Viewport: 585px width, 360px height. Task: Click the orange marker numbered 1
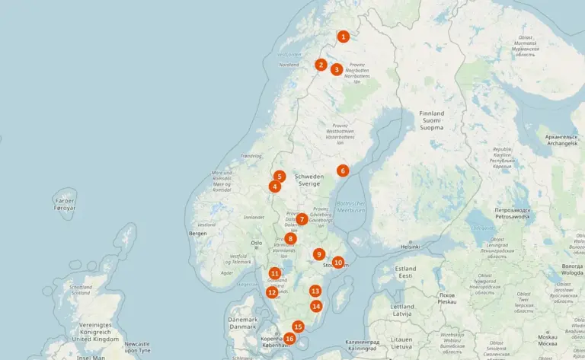click(x=344, y=36)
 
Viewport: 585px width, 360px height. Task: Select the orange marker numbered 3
click(x=336, y=69)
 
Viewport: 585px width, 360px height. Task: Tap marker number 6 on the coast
click(x=343, y=170)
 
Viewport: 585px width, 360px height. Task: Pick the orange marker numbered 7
click(x=302, y=219)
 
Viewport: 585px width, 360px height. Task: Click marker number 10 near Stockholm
click(x=338, y=262)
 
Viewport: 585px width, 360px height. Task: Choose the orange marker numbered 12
click(x=272, y=292)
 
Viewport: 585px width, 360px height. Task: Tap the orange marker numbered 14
click(x=316, y=306)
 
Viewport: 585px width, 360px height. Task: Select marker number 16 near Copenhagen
click(x=289, y=339)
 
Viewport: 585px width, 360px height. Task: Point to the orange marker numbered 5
click(x=280, y=176)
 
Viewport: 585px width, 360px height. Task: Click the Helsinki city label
click(x=411, y=247)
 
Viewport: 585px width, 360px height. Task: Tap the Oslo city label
click(x=256, y=244)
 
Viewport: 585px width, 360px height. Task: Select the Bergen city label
click(x=198, y=234)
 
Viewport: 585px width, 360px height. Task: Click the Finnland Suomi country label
click(x=431, y=120)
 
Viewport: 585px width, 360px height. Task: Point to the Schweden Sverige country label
click(x=309, y=180)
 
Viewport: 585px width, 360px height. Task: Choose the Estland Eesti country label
click(x=405, y=272)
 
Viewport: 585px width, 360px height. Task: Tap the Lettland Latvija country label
click(x=402, y=310)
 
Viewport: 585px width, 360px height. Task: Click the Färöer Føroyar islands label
click(x=66, y=204)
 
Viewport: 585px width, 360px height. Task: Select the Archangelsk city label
click(x=561, y=140)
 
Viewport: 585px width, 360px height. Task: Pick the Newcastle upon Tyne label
click(x=137, y=347)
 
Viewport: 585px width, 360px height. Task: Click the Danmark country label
click(x=243, y=323)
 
